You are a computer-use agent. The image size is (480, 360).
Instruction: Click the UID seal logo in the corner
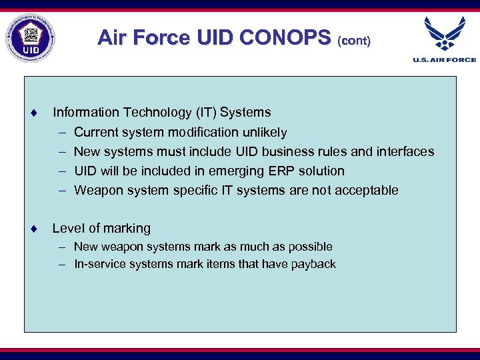(x=30, y=38)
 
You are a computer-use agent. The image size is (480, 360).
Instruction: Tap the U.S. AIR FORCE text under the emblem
(x=445, y=60)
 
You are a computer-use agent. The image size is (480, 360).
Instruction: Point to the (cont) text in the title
(x=354, y=40)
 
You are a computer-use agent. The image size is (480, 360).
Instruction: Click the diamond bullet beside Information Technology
(x=32, y=113)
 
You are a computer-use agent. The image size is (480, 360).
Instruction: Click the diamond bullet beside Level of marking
(x=32, y=229)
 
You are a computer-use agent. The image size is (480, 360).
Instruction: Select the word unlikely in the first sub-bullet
(x=265, y=132)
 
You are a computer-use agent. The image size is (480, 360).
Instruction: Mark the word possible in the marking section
(x=310, y=247)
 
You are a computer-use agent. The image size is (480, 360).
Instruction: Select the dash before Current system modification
(x=61, y=133)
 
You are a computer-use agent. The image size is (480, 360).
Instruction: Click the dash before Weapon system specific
(x=61, y=191)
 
